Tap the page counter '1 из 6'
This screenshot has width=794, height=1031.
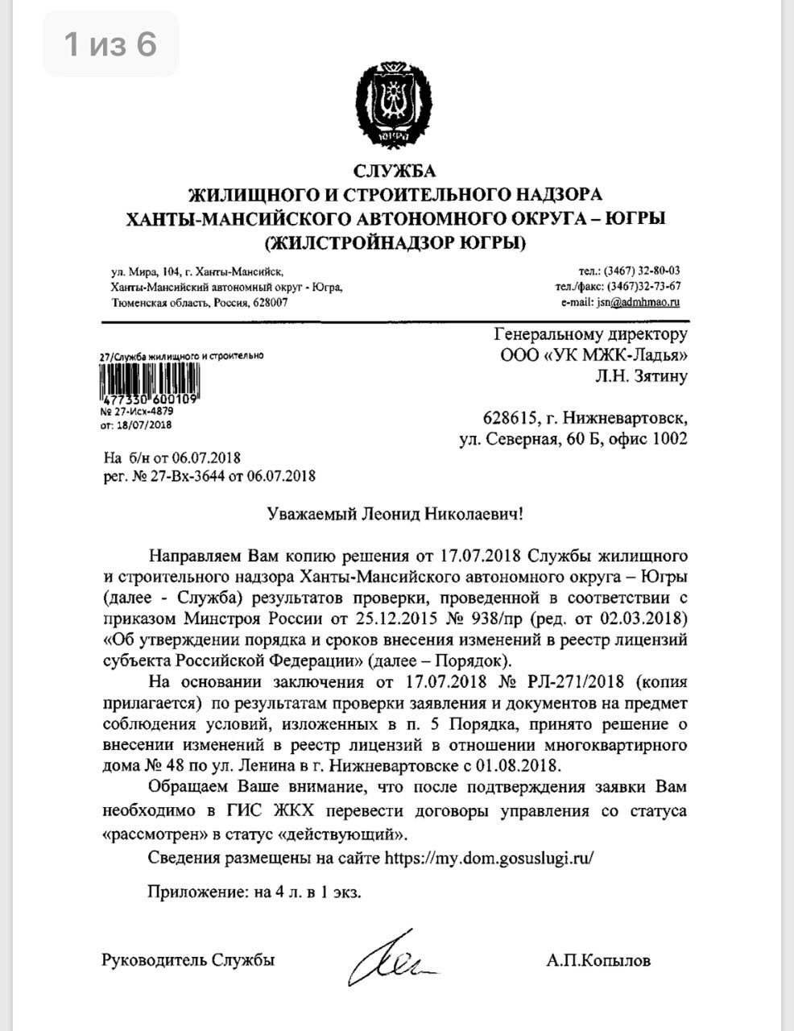(111, 44)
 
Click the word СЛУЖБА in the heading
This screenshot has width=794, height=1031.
(395, 171)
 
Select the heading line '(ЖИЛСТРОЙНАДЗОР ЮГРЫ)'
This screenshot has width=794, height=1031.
(395, 242)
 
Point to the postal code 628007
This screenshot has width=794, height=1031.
(271, 303)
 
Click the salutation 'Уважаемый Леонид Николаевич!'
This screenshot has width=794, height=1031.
(395, 513)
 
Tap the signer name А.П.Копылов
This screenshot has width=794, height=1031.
(598, 960)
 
